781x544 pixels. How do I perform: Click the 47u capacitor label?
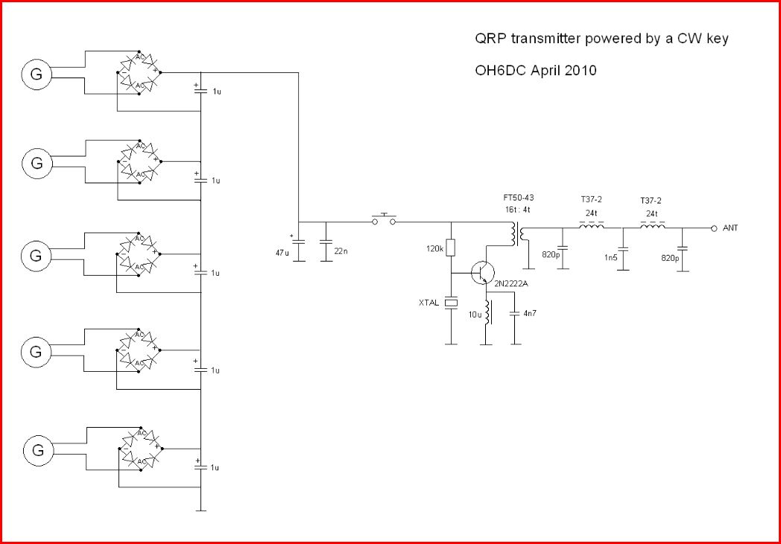point(282,253)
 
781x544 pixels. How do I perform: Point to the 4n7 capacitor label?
point(530,314)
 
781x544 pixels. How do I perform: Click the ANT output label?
point(730,228)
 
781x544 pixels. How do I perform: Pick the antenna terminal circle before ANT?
point(713,228)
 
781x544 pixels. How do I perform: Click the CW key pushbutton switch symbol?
point(384,220)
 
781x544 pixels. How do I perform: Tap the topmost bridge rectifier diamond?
point(139,72)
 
